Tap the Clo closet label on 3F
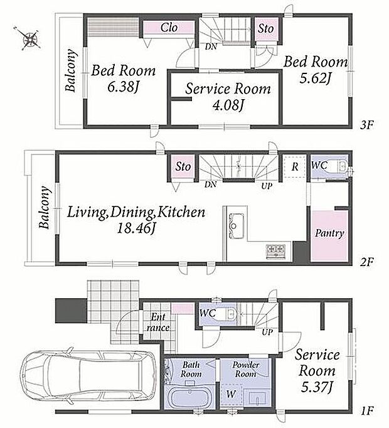(x=169, y=28)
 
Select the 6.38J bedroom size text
(x=123, y=87)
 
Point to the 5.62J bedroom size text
(x=316, y=78)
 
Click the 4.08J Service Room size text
(x=228, y=105)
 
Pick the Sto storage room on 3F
(x=266, y=29)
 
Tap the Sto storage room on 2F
(x=183, y=166)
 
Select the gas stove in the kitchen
(x=276, y=252)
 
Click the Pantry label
(x=329, y=233)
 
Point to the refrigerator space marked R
(x=294, y=166)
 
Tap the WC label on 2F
(x=319, y=165)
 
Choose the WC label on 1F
(x=208, y=313)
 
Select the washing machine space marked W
(x=232, y=394)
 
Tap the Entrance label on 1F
(x=157, y=322)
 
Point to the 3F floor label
(x=366, y=125)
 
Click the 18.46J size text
(x=136, y=228)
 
